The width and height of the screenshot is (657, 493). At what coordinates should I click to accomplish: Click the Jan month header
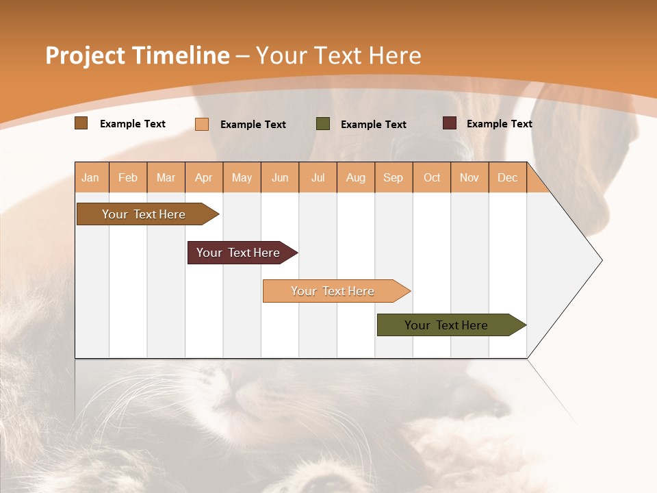click(x=90, y=177)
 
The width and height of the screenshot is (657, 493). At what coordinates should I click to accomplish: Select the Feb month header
click(x=128, y=177)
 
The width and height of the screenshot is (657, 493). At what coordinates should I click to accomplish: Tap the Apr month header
click(x=203, y=177)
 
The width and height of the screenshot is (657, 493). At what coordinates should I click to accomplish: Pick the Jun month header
click(x=280, y=177)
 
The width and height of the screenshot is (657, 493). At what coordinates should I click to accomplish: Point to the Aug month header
click(x=355, y=177)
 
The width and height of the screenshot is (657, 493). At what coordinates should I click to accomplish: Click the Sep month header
click(x=393, y=177)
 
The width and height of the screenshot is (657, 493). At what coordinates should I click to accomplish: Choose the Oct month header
click(x=432, y=177)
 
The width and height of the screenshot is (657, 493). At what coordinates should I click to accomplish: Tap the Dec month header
click(x=507, y=177)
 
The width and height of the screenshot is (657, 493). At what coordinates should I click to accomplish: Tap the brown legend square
click(x=81, y=123)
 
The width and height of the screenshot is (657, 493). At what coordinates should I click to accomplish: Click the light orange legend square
click(x=202, y=124)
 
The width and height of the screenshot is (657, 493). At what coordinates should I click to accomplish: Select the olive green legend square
click(x=323, y=124)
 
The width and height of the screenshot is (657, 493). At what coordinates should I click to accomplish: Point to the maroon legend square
click(x=450, y=123)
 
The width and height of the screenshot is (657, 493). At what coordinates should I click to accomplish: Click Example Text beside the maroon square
click(x=499, y=124)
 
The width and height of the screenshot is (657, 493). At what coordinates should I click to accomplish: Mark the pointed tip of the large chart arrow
click(x=601, y=260)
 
